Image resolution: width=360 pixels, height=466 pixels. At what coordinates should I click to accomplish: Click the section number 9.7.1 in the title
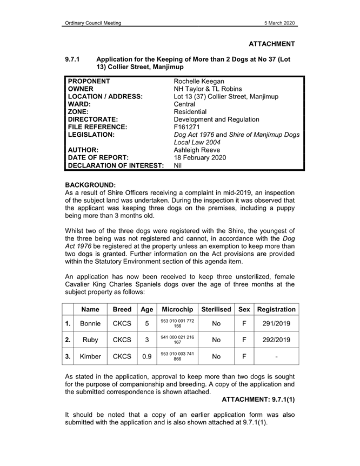pos(72,58)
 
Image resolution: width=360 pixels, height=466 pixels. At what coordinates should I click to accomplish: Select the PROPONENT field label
pos(89,81)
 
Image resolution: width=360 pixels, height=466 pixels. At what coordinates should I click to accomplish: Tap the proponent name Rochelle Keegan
pos(198,81)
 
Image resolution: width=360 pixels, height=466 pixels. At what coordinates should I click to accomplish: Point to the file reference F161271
pos(187,127)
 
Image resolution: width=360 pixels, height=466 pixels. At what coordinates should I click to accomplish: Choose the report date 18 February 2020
pos(199,158)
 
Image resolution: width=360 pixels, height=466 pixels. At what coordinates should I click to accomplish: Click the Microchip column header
pos(177,310)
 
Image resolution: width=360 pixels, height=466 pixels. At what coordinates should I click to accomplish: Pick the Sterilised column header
pos(216,310)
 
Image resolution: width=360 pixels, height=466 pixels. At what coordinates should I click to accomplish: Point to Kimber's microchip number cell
pos(177,357)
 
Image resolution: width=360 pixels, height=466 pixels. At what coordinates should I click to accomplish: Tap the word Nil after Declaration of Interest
pos(178,165)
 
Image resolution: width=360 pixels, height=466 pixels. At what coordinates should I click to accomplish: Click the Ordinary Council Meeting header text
pos(92,23)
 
